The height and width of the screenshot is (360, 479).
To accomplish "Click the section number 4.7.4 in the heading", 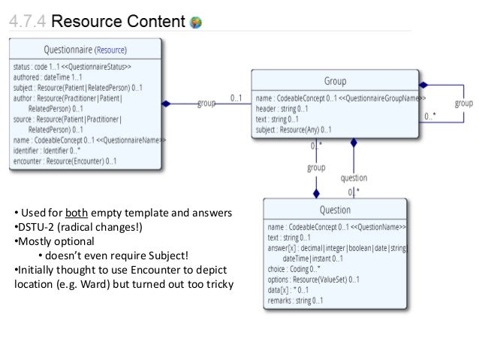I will (29, 21).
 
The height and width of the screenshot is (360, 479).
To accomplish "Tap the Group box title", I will (335, 81).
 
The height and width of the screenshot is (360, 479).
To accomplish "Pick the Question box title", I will (335, 210).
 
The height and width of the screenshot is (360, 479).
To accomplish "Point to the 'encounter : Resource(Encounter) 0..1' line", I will (65, 160).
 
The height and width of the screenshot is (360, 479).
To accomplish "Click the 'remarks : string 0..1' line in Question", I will (295, 301).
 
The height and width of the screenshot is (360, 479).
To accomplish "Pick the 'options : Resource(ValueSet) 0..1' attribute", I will (313, 279).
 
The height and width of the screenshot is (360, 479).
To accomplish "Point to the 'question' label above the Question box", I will (354, 178).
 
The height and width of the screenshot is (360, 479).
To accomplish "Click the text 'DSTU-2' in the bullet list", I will (34, 226).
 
